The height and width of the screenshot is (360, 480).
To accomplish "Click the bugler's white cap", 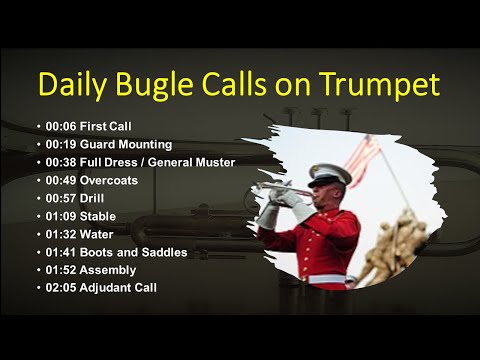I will pyautogui.click(x=329, y=172).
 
